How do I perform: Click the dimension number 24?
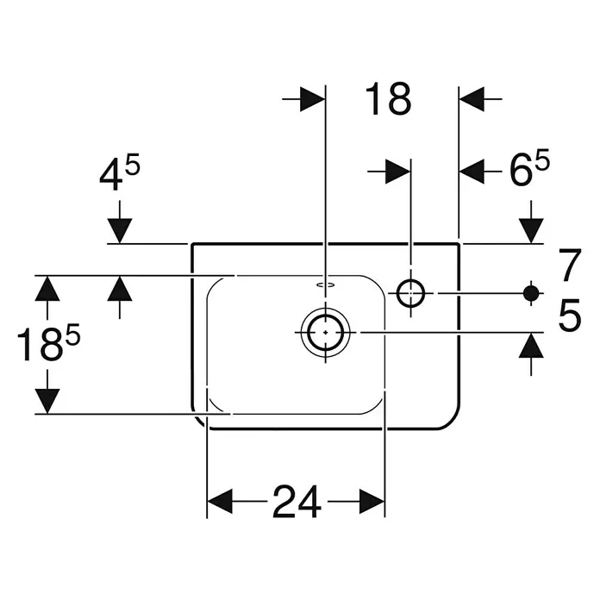tap(297, 501)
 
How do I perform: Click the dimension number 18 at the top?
tap(388, 99)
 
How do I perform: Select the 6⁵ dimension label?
tap(529, 167)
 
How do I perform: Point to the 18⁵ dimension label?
tap(48, 342)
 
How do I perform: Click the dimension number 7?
tap(570, 265)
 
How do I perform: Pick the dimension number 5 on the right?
tap(570, 315)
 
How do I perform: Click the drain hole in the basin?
tap(325, 332)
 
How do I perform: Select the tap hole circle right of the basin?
tap(410, 293)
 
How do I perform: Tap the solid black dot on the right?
tap(531, 293)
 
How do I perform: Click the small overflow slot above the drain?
tap(326, 284)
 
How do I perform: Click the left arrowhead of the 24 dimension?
tap(220, 501)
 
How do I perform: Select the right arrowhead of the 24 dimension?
tap(372, 501)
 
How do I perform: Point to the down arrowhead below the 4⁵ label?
tap(120, 231)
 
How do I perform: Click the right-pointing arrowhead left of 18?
tap(313, 99)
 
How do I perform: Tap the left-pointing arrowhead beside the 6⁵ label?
tap(472, 172)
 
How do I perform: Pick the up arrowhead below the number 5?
tap(531, 345)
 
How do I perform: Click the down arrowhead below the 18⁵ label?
tap(47, 402)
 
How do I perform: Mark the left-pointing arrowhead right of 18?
tap(472, 99)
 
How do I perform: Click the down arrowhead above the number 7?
tap(531, 231)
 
